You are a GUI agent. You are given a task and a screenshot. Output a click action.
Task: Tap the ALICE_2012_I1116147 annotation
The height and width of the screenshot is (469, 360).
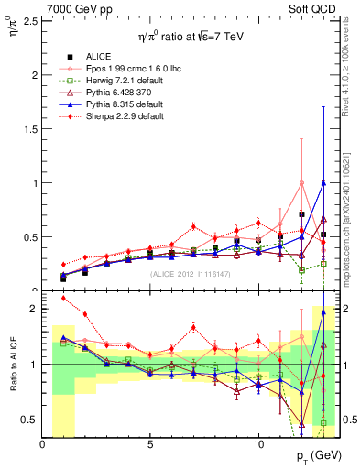tap(190, 273)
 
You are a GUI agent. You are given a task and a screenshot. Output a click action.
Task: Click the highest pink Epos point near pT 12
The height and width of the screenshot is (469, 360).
tap(301, 183)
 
